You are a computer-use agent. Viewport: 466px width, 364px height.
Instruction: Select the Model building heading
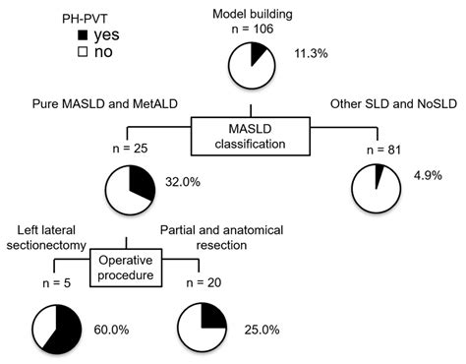pos(252,12)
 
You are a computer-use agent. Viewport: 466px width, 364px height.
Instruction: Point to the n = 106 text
pos(252,30)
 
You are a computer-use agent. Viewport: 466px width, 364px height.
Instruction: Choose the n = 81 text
pos(377,151)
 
